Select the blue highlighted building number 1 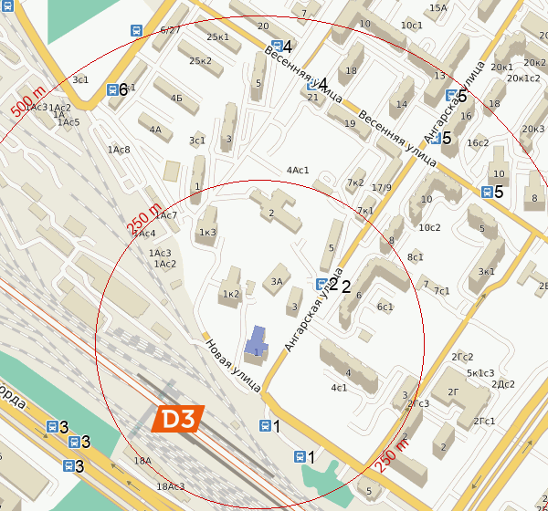[257, 345]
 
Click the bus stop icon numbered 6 [112, 89]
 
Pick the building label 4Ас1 [298, 170]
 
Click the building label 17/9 [382, 188]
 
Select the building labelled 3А [277, 281]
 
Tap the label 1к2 [230, 294]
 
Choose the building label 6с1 [385, 307]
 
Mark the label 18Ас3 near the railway [171, 486]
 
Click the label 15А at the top [438, 8]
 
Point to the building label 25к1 [218, 37]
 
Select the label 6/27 [170, 30]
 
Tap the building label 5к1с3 [480, 372]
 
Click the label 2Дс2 [504, 383]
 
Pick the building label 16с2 [478, 142]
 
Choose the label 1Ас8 [119, 149]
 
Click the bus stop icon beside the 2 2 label [321, 284]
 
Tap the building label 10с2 [429, 227]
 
